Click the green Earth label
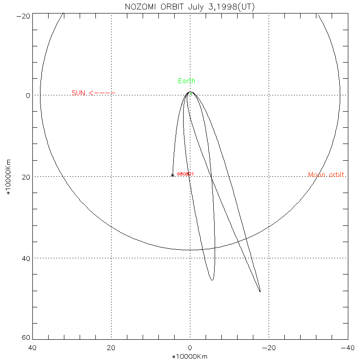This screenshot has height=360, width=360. click(187, 81)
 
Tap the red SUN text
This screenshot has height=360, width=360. click(78, 93)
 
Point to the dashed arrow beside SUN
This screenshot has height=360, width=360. click(102, 93)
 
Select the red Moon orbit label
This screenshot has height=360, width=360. click(327, 175)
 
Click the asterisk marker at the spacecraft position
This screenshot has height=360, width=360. click(172, 175)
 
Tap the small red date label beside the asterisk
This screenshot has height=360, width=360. click(185, 174)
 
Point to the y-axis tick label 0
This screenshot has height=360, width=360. click(27, 95)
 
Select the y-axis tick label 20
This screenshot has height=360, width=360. click(25, 177)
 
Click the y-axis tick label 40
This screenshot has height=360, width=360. click(25, 258)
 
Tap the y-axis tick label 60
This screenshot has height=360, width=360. click(25, 338)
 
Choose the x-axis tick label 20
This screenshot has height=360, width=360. click(111, 348)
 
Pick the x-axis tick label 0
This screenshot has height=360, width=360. click(190, 348)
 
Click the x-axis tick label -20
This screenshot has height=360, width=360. click(269, 348)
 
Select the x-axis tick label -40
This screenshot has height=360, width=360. click(346, 348)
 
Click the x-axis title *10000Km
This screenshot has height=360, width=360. click(190, 356)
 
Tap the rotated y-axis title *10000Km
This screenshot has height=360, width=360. click(9, 177)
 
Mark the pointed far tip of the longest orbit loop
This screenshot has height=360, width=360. click(260, 292)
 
